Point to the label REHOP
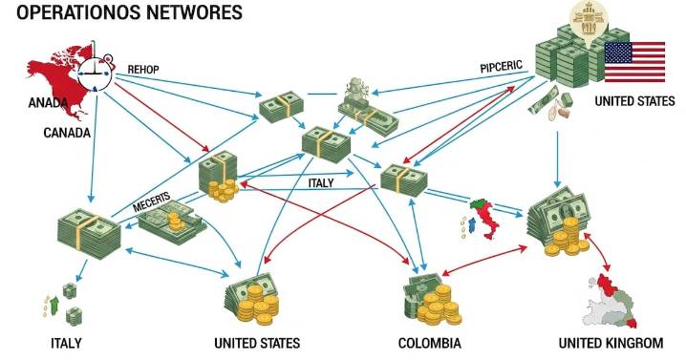tap(144, 68)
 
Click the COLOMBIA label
tap(429, 343)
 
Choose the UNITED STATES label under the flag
tap(634, 101)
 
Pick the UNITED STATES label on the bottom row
tap(258, 343)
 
